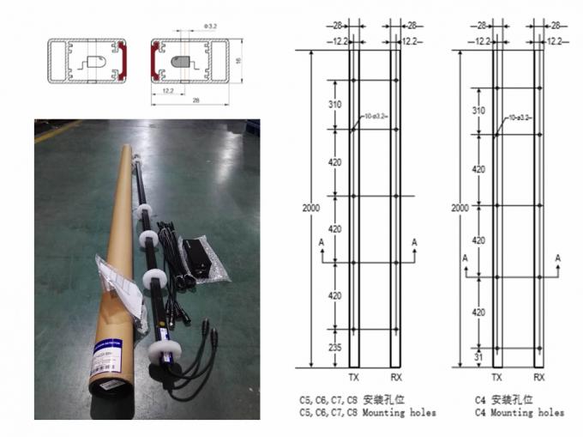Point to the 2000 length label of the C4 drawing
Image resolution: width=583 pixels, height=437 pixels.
[x=460, y=208]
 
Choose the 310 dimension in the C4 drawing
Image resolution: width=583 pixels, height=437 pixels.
[x=479, y=111]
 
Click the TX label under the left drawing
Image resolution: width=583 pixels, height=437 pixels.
[x=353, y=377]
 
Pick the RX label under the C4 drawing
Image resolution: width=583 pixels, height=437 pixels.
[x=538, y=377]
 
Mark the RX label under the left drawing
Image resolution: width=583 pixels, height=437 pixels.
[x=394, y=377]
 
